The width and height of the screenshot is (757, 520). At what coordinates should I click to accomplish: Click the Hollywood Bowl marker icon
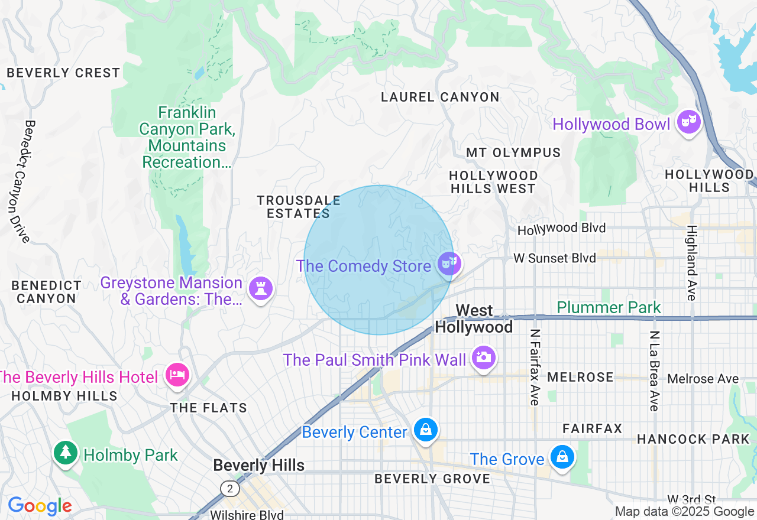[x=689, y=122]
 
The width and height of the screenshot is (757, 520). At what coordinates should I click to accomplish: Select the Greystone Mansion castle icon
[x=261, y=288]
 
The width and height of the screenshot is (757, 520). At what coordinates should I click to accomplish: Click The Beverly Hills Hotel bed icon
[x=177, y=375]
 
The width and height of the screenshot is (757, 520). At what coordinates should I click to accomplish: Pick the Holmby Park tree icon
[x=66, y=453]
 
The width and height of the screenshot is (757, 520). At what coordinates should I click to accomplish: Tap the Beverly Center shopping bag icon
[x=425, y=430]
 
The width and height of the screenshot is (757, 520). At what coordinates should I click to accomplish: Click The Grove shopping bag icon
[x=562, y=457]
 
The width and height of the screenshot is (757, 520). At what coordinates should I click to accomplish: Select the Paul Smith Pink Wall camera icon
[x=483, y=357]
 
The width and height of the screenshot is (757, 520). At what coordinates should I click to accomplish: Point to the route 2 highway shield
[x=229, y=488]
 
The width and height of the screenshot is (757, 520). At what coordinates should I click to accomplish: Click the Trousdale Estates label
[x=299, y=207]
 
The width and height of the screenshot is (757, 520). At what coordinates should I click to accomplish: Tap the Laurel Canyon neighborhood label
[x=440, y=97]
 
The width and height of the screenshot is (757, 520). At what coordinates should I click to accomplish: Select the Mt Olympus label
[x=513, y=152]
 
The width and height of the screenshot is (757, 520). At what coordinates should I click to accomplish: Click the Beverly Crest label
[x=63, y=73]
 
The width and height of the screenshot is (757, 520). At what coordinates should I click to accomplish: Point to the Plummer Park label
[x=609, y=307]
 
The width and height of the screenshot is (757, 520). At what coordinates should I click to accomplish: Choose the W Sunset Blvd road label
[x=555, y=258]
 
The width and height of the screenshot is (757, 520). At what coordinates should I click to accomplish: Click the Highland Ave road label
[x=691, y=263]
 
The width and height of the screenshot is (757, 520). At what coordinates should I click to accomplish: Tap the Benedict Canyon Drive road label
[x=20, y=181]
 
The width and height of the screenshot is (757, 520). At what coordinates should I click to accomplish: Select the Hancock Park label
[x=693, y=439]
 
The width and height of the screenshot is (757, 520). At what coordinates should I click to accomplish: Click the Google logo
[x=40, y=506]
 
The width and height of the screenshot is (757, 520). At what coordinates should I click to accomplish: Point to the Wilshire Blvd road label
[x=247, y=515]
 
